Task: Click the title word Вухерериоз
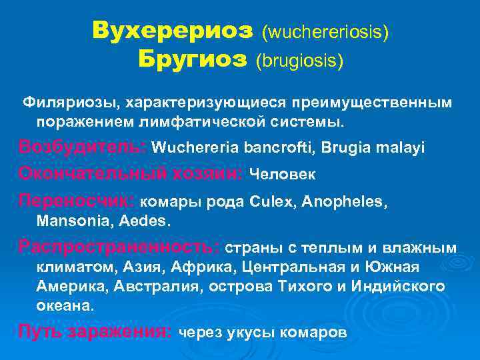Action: (x=173, y=30)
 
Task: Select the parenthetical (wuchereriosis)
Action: (x=325, y=31)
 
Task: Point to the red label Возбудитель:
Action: (x=83, y=147)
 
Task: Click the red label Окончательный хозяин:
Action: (x=131, y=173)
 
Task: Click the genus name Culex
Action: (x=269, y=201)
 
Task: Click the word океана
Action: (x=65, y=307)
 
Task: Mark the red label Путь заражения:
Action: (x=95, y=331)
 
